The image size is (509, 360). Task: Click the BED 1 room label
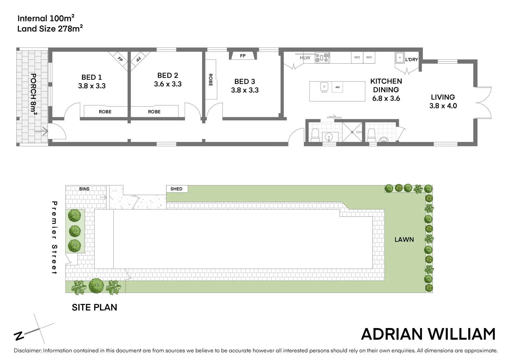92,77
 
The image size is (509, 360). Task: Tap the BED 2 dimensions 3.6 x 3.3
168,84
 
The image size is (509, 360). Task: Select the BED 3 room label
245,81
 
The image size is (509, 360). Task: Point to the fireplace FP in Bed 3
243,56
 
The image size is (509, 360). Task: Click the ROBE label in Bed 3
210,80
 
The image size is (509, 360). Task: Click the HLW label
305,58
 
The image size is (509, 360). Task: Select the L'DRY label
411,60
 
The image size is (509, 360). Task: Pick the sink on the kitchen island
324,87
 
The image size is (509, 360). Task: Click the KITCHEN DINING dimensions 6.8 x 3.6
386,98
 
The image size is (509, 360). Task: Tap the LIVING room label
443,97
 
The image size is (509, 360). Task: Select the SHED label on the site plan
176,189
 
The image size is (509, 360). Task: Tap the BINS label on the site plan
84,189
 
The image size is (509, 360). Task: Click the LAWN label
404,239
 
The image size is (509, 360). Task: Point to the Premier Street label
55,238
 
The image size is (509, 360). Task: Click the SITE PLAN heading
95,307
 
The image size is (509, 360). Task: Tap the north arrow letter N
19,336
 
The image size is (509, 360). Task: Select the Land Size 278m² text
50,29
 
